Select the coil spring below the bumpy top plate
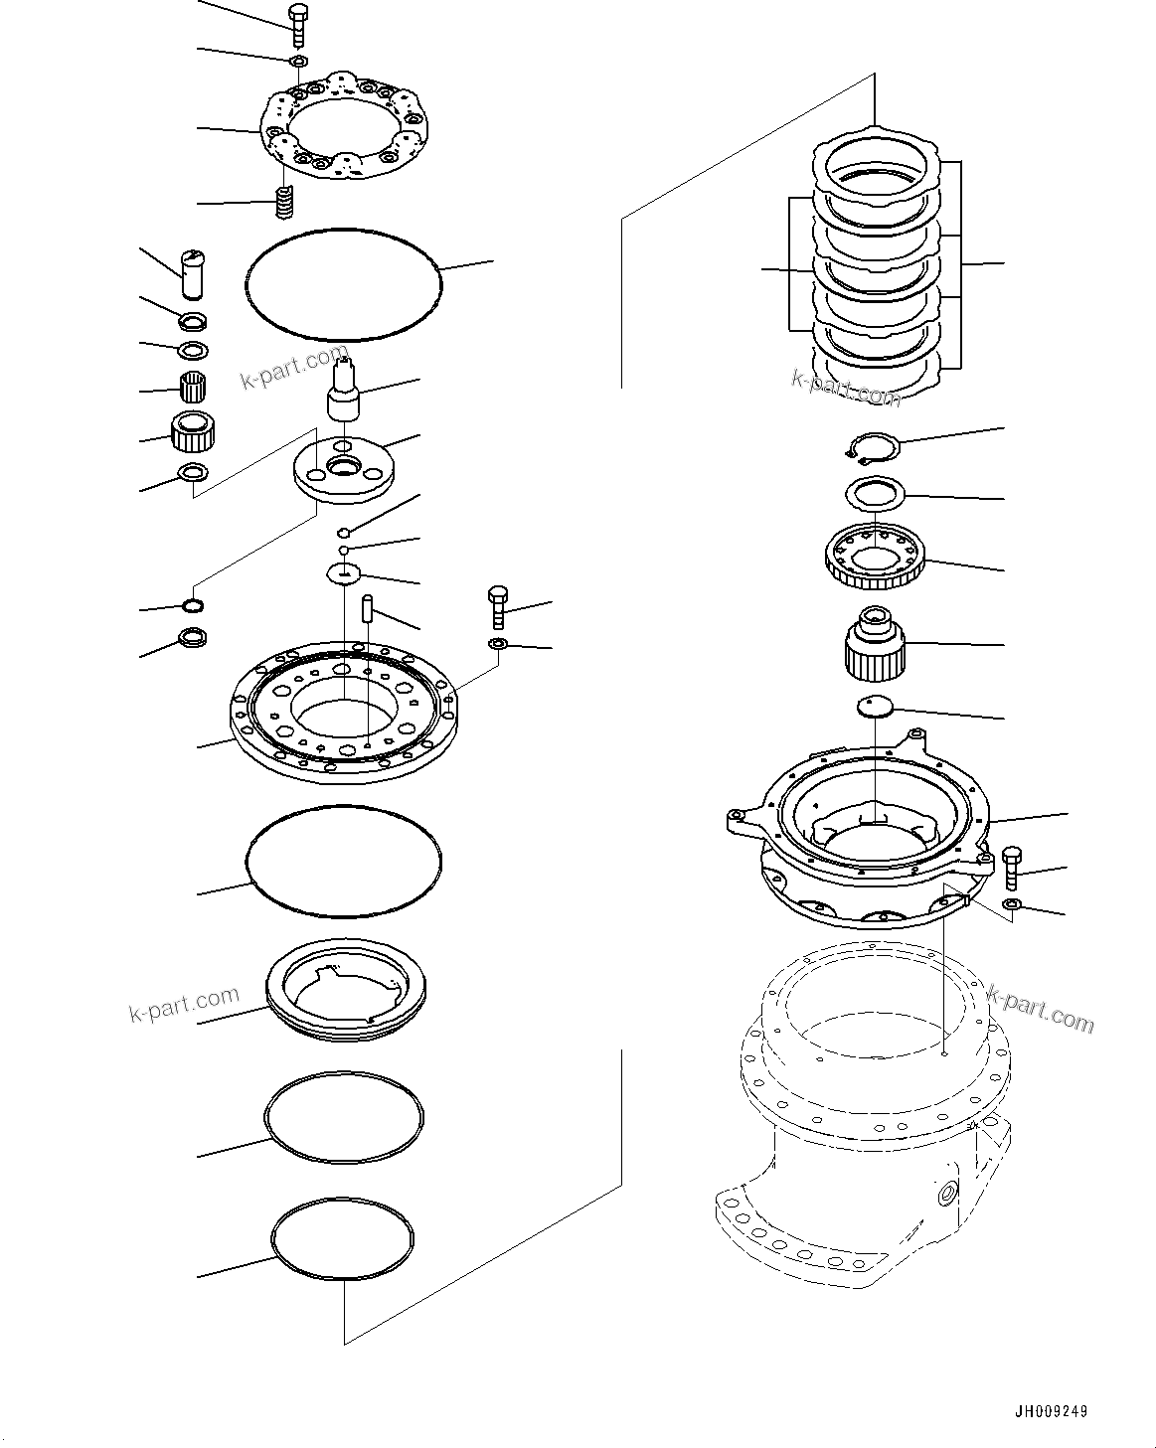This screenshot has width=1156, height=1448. point(286,205)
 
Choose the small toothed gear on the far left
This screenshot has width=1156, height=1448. point(195,429)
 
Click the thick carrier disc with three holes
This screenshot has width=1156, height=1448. point(344,468)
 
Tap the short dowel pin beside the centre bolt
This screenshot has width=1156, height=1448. point(367,607)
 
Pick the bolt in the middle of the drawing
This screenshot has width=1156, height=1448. point(498,607)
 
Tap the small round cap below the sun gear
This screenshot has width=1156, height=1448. point(875,706)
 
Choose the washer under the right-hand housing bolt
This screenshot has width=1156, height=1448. point(1011,903)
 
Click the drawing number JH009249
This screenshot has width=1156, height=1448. point(1052,1410)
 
